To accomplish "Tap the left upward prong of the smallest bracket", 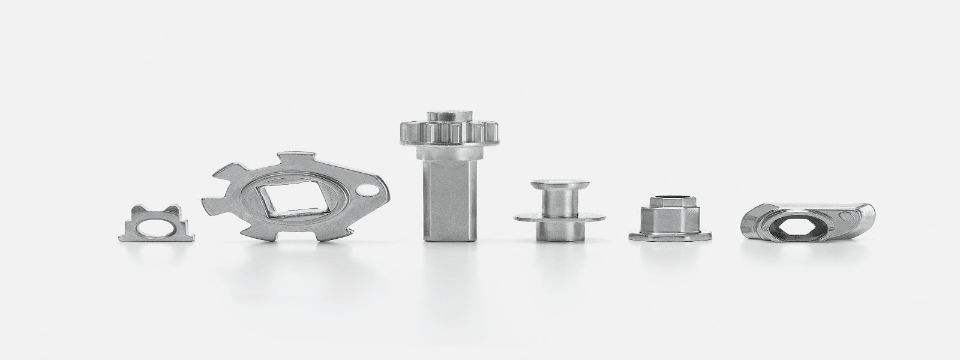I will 139,209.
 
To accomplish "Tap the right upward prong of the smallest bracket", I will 173,210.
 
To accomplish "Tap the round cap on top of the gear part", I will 443,115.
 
